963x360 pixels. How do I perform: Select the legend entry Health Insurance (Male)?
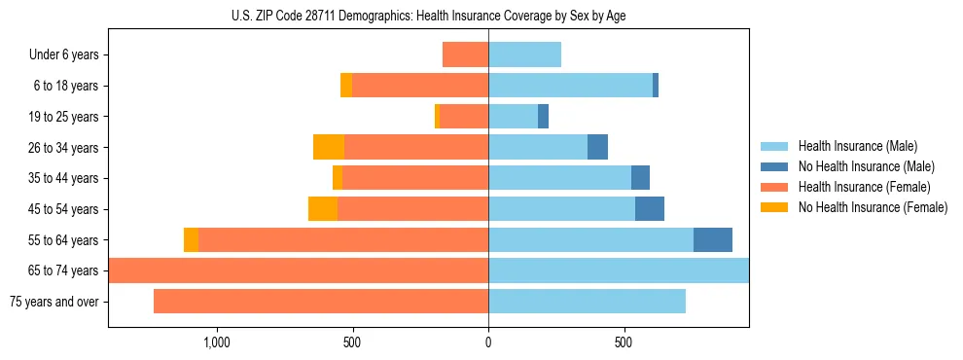857,146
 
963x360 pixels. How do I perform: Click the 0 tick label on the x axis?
488,342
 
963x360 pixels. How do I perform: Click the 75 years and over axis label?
54,302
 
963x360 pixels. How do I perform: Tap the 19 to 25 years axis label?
64,117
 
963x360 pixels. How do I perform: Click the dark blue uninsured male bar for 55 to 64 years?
713,239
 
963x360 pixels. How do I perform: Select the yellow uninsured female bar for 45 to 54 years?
323,209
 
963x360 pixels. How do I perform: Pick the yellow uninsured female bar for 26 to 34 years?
329,147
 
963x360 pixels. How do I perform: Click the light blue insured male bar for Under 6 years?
524,54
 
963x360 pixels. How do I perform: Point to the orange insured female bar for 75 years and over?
321,302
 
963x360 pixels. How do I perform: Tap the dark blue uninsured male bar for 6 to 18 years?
656,86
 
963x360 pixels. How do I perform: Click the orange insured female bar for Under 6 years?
465,54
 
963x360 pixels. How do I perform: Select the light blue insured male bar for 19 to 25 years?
513,117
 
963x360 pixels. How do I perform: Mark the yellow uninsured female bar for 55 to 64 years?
191,239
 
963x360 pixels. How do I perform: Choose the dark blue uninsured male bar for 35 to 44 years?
640,178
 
